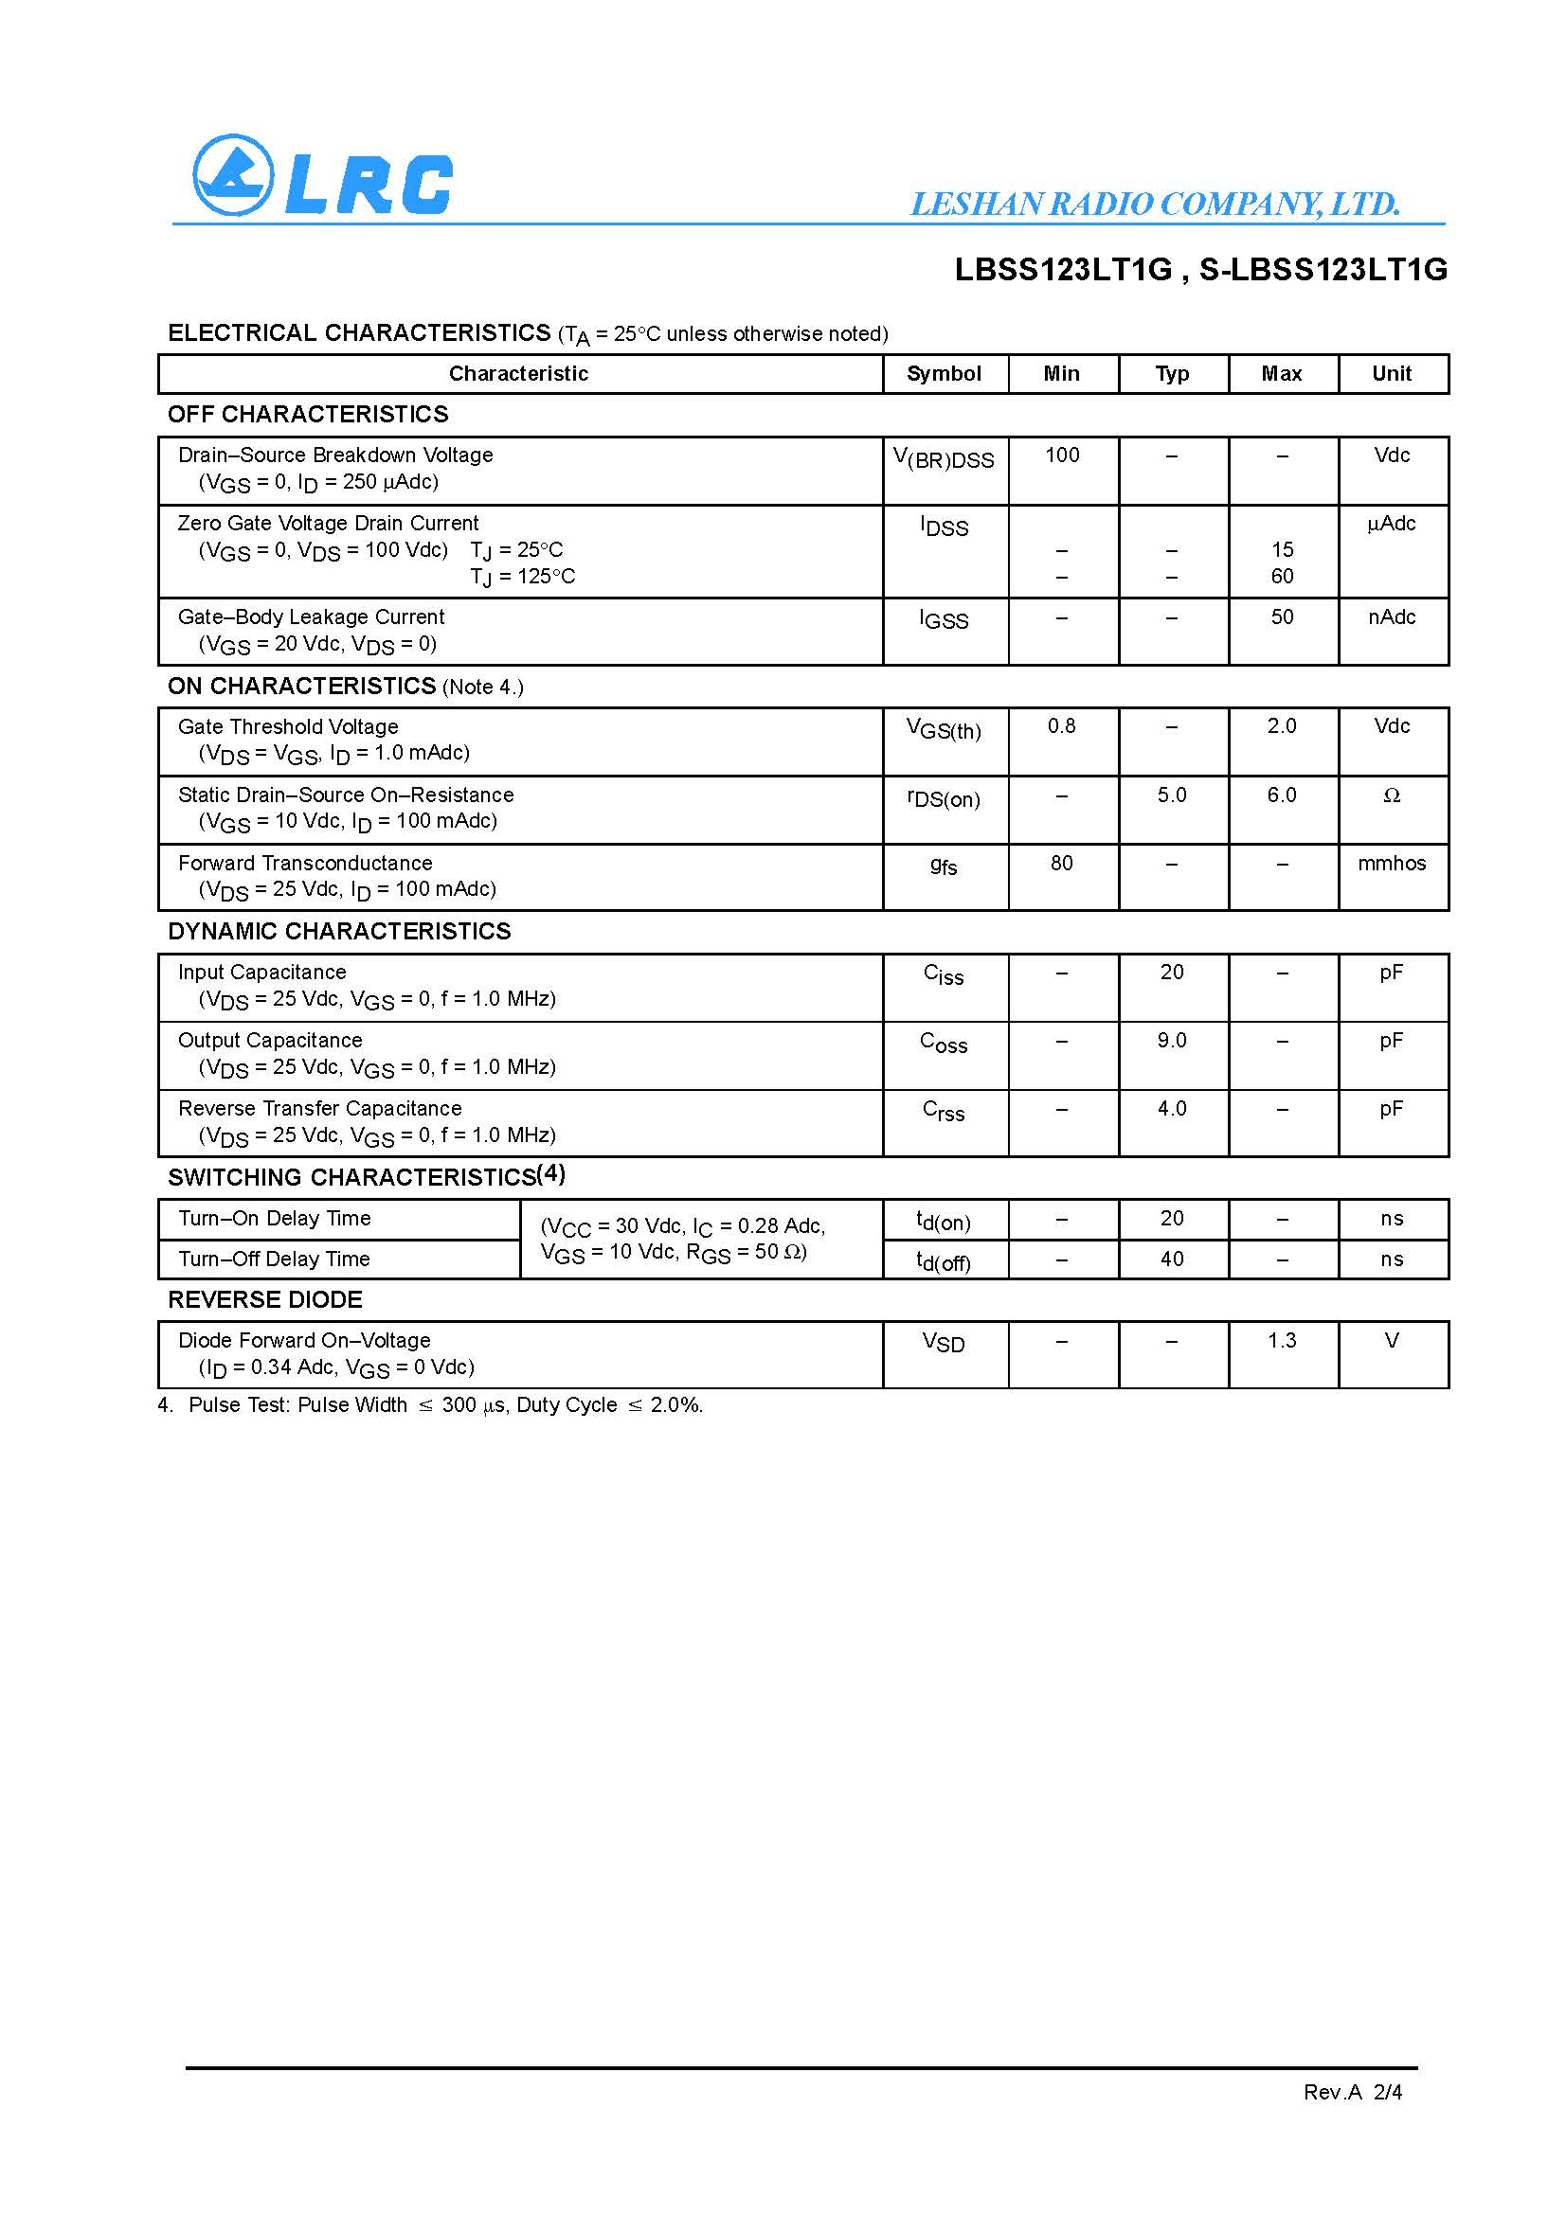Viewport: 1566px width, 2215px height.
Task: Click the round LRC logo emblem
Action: tap(231, 174)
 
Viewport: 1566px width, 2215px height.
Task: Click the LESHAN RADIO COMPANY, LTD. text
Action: tap(1155, 204)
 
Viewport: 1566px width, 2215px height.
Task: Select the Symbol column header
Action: tap(944, 373)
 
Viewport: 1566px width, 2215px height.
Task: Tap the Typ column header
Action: tap(1171, 373)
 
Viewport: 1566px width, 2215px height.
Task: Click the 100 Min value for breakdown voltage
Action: tap(1061, 455)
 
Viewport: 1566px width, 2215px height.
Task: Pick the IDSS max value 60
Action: tap(1282, 576)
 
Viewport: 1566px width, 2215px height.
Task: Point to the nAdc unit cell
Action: tap(1392, 617)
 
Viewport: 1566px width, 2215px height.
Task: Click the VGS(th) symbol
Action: tap(944, 729)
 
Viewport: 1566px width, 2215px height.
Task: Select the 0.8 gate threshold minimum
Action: tap(1061, 725)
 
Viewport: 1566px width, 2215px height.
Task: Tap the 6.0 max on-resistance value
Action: tap(1282, 795)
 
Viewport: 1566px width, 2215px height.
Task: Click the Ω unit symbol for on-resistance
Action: tap(1392, 795)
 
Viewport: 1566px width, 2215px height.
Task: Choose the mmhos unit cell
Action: tap(1392, 864)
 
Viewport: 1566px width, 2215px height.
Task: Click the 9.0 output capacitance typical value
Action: tap(1171, 1040)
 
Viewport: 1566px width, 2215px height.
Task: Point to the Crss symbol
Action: tap(944, 1112)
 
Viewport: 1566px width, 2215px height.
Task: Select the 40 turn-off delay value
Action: tap(1171, 1259)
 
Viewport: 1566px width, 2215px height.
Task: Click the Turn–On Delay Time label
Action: tap(274, 1219)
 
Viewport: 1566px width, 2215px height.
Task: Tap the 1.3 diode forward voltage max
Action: tap(1282, 1340)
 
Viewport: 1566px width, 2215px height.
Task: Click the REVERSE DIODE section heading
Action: tap(265, 1299)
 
